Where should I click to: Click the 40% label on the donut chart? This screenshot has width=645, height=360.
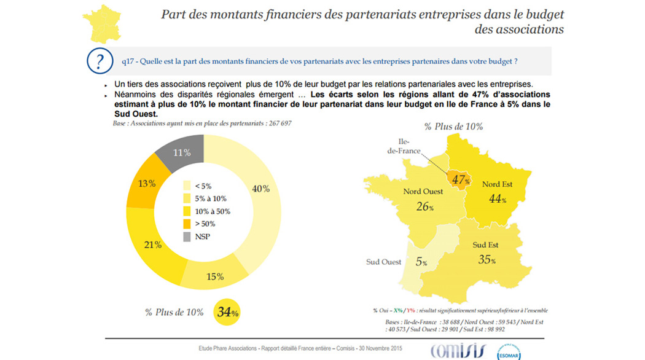[x=261, y=189]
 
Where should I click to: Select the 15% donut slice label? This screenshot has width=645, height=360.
[x=215, y=276]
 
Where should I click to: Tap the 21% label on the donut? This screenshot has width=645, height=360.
[x=153, y=245]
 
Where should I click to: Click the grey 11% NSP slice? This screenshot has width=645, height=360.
[x=181, y=152]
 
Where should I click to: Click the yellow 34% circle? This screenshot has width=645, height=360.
[x=227, y=312]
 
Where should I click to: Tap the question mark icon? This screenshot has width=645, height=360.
[x=96, y=61]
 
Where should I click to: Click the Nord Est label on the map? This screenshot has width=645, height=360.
[x=498, y=184]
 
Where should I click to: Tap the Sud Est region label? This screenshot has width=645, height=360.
[x=485, y=245]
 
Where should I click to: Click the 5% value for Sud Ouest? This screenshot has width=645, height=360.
[x=421, y=262]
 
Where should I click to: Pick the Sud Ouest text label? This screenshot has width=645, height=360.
[x=384, y=262]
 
